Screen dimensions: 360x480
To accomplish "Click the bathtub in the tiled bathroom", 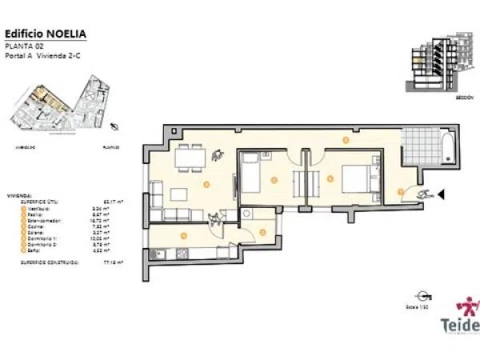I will [449, 150].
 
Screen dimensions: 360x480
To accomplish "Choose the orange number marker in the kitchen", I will [185, 235].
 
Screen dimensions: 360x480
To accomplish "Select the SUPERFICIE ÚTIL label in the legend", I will [31, 202].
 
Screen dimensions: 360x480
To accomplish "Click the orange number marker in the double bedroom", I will [330, 179].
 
